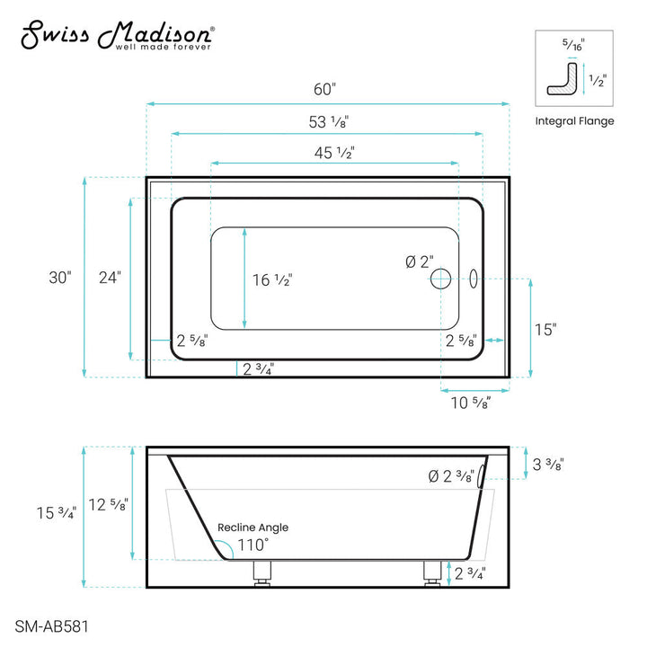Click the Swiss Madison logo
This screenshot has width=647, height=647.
coord(117,36)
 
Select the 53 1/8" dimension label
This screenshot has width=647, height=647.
coord(325,121)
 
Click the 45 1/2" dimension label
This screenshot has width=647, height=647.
coord(332,153)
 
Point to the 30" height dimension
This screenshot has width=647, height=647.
coord(60,278)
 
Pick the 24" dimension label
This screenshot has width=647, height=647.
coord(110,278)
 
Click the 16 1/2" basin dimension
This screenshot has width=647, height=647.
coord(272,279)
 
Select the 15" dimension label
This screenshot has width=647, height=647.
coord(545,329)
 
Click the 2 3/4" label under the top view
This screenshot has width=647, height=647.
coord(258,368)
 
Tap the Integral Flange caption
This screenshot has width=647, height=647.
coord(574,121)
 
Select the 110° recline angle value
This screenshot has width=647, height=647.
coord(253,545)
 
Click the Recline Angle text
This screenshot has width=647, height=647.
coord(253,527)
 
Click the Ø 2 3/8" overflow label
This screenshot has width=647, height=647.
coord(450,478)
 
